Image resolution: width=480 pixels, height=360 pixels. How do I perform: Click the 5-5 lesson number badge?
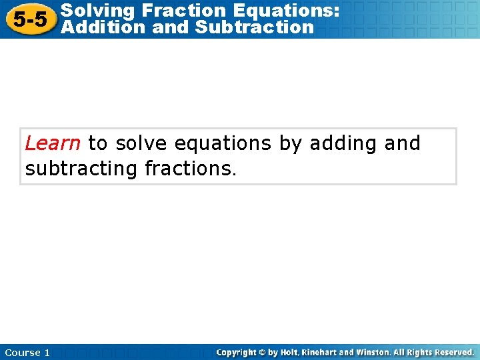coord(30,19)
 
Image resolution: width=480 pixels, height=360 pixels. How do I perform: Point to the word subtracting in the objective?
coord(81,169)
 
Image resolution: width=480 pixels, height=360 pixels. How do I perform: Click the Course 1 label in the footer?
coord(27,353)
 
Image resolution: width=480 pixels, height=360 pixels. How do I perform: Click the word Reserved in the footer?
coord(453,352)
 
